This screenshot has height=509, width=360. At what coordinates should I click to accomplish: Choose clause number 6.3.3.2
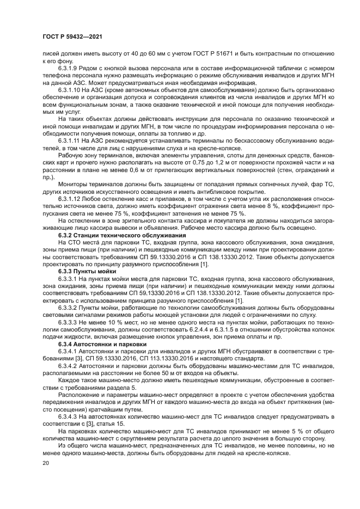pyautogui.click(x=68, y=307)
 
